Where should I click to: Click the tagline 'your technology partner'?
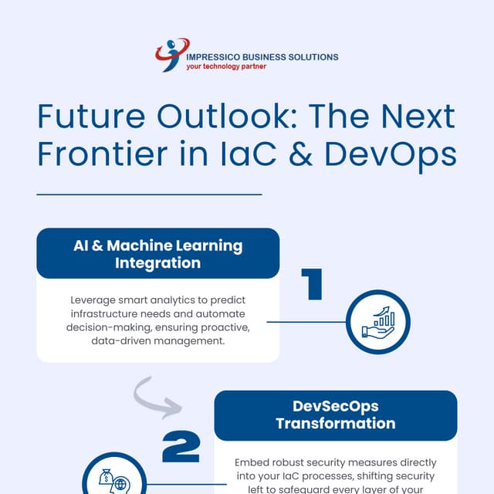[226, 67]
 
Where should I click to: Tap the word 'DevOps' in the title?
[391, 154]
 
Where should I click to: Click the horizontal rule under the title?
[149, 195]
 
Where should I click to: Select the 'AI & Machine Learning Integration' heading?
[157, 254]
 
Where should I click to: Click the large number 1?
[311, 284]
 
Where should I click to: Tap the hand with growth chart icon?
[377, 322]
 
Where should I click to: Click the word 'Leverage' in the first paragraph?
[96, 299]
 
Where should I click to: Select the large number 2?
[181, 447]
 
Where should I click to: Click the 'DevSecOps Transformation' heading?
[335, 414]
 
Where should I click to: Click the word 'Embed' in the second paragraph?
[250, 462]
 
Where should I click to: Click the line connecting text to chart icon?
[306, 322]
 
